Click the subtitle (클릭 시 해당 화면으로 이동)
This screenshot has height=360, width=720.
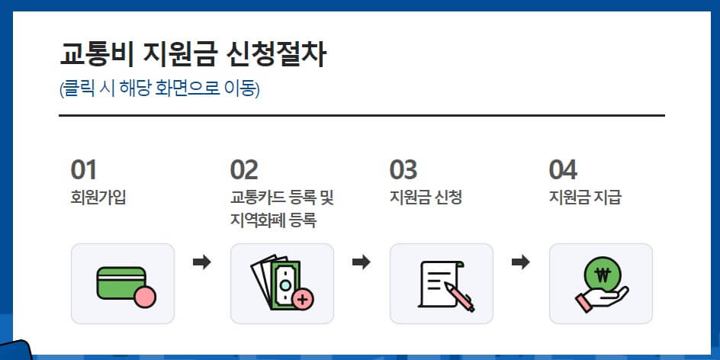point(159,89)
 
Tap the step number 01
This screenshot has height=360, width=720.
point(84,169)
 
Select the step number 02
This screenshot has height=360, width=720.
point(244,169)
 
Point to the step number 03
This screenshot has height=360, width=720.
point(403,169)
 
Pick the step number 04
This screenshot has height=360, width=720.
point(563,169)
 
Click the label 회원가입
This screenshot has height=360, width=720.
point(98,198)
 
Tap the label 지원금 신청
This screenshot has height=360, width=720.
point(426,198)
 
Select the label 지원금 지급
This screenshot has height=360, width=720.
point(585,198)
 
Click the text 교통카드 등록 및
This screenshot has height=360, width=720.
point(282,198)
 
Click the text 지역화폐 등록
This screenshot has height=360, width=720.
point(273,221)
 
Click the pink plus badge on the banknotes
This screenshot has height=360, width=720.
point(303,299)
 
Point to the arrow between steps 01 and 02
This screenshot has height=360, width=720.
point(202,262)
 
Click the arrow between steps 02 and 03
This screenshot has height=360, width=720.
point(362,262)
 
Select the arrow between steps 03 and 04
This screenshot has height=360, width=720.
point(521,262)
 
